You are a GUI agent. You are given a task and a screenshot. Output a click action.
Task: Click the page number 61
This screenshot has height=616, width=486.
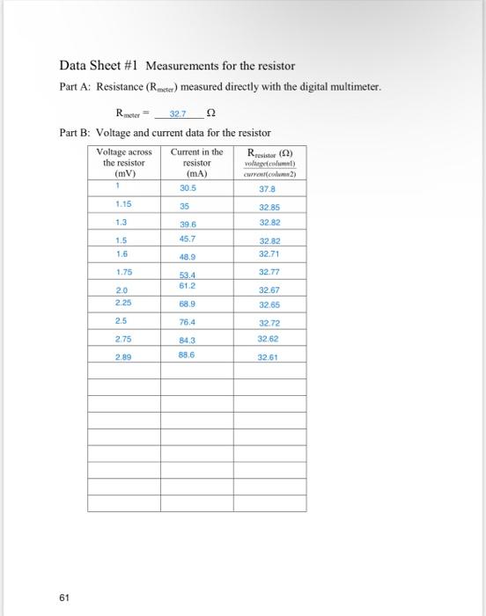pyautogui.click(x=63, y=598)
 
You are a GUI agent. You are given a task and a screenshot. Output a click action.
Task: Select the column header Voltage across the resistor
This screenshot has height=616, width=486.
pyautogui.click(x=123, y=162)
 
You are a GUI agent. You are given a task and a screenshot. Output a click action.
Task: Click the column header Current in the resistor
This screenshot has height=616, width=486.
pyautogui.click(x=196, y=162)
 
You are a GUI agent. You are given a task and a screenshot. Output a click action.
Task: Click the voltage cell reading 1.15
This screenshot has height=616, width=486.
pyautogui.click(x=123, y=204)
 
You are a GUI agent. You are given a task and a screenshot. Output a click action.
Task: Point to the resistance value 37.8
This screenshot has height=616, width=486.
pyautogui.click(x=266, y=188)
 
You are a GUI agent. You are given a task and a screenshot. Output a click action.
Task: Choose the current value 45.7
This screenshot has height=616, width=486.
pyautogui.click(x=188, y=238)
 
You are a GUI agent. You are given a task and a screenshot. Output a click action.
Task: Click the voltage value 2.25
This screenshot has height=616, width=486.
pyautogui.click(x=123, y=302)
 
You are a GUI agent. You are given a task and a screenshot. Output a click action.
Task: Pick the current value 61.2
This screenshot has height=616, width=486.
pyautogui.click(x=188, y=285)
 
